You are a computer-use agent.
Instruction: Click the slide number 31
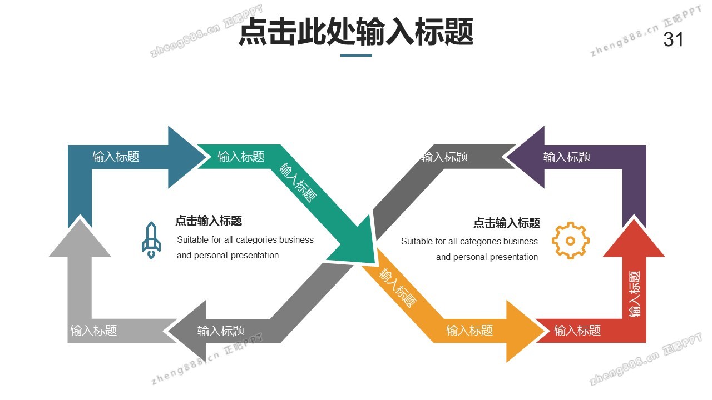(673, 40)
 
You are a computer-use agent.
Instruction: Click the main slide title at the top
(356, 32)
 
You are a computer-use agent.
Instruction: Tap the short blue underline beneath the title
(356, 56)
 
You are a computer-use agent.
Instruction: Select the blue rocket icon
(151, 241)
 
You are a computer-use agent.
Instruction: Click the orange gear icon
(570, 241)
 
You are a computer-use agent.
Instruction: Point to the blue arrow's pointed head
(186, 157)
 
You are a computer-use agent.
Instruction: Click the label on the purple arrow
(566, 157)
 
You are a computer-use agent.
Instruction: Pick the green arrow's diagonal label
(299, 182)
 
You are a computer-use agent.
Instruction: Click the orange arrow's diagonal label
(398, 287)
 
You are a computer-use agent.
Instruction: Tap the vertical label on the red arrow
(635, 294)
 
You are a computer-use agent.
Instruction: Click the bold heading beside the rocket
(209, 221)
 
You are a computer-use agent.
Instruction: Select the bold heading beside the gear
(507, 223)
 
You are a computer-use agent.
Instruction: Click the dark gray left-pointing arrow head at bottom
(188, 331)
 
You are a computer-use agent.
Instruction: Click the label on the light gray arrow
(93, 331)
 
